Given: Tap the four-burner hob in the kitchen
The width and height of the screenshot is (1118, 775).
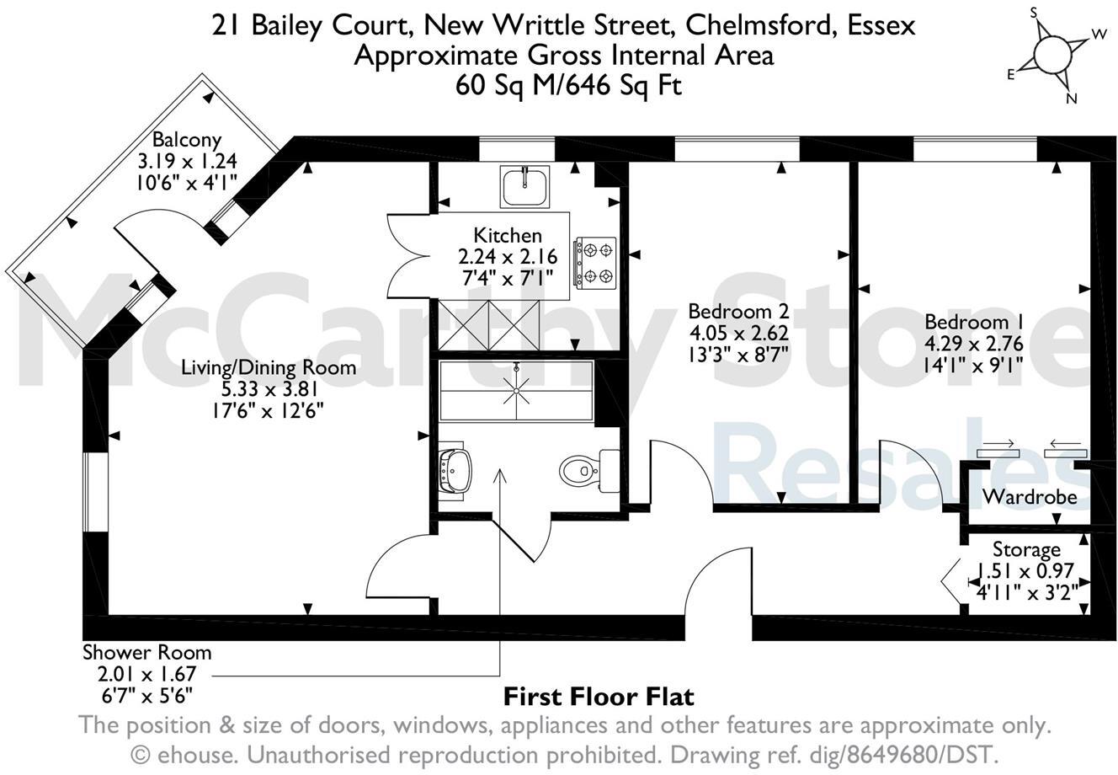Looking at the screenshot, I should click(595, 262).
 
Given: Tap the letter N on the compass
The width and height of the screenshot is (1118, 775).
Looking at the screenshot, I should click(1072, 99).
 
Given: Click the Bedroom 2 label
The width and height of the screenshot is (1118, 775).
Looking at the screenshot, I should click(737, 311).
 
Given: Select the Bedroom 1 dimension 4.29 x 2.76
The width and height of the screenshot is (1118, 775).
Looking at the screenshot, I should click(977, 343).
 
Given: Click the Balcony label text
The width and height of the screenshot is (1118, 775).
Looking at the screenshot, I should click(186, 140).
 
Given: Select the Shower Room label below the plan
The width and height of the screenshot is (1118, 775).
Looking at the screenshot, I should click(146, 653).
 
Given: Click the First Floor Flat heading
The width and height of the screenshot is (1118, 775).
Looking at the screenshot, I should click(599, 697).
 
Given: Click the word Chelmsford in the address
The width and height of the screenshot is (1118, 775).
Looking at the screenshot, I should click(756, 26).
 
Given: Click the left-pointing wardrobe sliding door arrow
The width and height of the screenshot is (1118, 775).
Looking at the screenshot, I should click(1065, 444).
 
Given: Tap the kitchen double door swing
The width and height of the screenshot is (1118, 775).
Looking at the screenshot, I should click(407, 253).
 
